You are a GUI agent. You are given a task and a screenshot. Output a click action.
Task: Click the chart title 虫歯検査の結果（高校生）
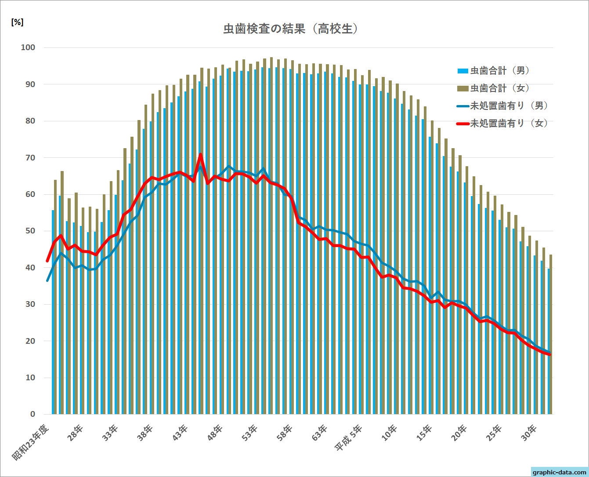(x=291, y=29)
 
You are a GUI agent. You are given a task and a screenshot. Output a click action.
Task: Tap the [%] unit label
(x=17, y=22)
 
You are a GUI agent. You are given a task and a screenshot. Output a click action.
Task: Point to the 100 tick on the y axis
(x=28, y=47)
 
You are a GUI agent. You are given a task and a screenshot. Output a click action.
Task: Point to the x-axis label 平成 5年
(x=349, y=438)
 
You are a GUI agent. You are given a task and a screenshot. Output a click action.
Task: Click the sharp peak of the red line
(x=201, y=154)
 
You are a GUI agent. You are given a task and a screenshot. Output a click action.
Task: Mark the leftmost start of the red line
(x=47, y=261)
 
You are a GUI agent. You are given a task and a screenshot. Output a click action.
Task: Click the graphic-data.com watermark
(x=559, y=472)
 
